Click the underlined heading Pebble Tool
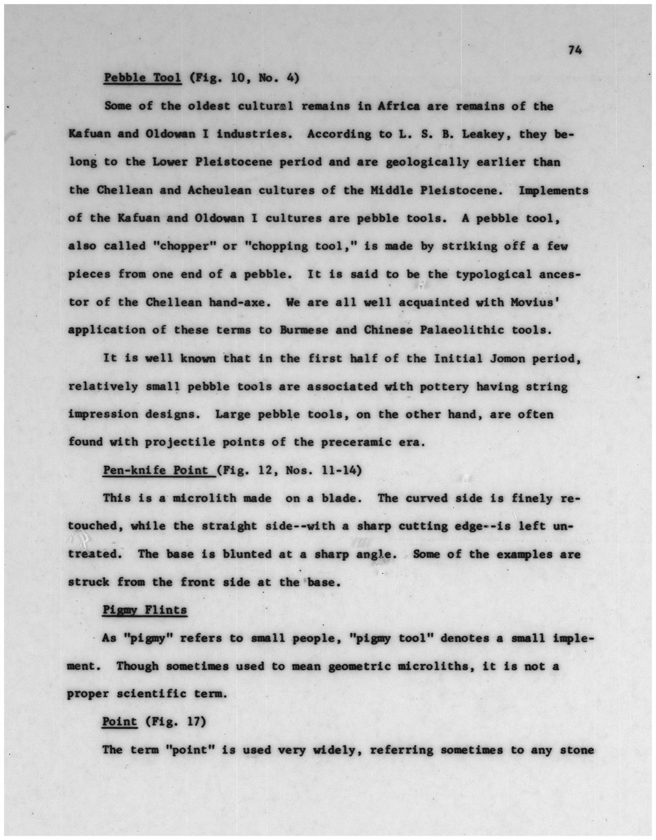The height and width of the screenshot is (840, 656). [142, 78]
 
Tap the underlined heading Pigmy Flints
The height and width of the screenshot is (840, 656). [145, 610]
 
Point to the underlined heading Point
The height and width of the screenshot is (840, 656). [120, 721]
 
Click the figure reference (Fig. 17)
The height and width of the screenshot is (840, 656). [176, 721]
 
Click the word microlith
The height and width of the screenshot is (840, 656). [204, 498]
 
